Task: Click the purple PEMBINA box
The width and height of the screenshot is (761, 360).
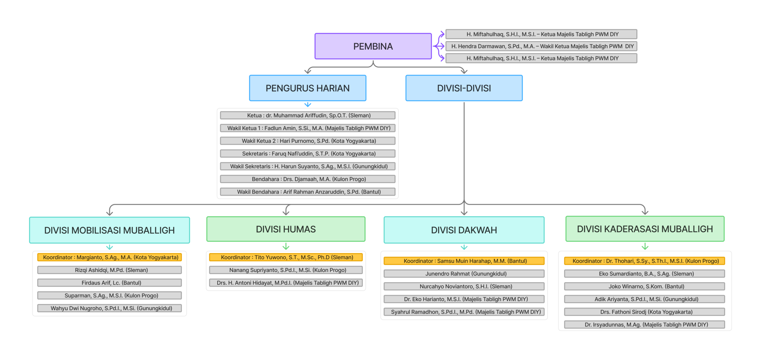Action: (373, 46)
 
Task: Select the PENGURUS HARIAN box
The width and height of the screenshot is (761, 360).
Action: (308, 88)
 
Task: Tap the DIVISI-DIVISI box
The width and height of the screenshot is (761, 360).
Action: (464, 88)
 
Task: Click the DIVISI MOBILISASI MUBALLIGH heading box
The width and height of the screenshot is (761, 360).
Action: (109, 230)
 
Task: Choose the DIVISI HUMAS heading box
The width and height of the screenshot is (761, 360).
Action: (286, 229)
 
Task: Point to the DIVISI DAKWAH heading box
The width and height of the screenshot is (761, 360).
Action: (464, 230)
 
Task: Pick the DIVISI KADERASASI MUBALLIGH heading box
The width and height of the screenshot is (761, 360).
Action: (645, 229)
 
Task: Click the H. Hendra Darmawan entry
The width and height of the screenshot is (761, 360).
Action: (541, 46)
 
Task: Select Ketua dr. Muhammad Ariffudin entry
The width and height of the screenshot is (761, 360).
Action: (308, 115)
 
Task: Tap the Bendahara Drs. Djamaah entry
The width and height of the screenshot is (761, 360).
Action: (308, 179)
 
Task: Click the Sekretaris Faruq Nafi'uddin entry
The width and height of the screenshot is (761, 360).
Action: (308, 153)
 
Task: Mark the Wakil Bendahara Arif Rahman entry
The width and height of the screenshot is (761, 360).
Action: (308, 192)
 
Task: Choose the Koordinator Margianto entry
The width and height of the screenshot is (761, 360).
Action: (109, 257)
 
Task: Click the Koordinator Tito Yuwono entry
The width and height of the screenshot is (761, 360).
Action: (286, 257)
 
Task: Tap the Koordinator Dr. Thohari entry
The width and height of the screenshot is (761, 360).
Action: (644, 261)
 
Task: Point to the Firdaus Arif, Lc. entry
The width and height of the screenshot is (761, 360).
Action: (109, 283)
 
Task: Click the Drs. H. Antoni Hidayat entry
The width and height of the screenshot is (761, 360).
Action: (286, 283)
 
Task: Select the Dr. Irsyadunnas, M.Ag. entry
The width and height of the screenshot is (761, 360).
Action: (644, 325)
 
